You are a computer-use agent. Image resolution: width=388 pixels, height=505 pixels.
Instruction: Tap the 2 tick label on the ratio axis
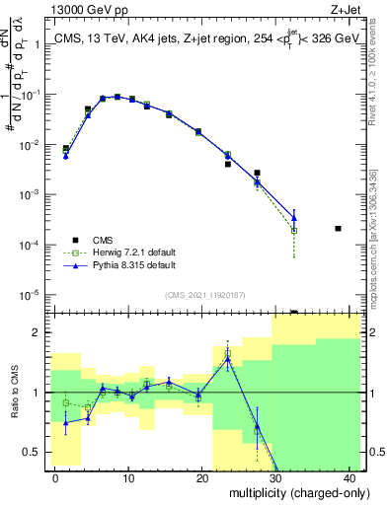coord(39,332)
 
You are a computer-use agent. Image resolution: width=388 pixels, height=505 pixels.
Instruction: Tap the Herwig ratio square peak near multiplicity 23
coord(228,353)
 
